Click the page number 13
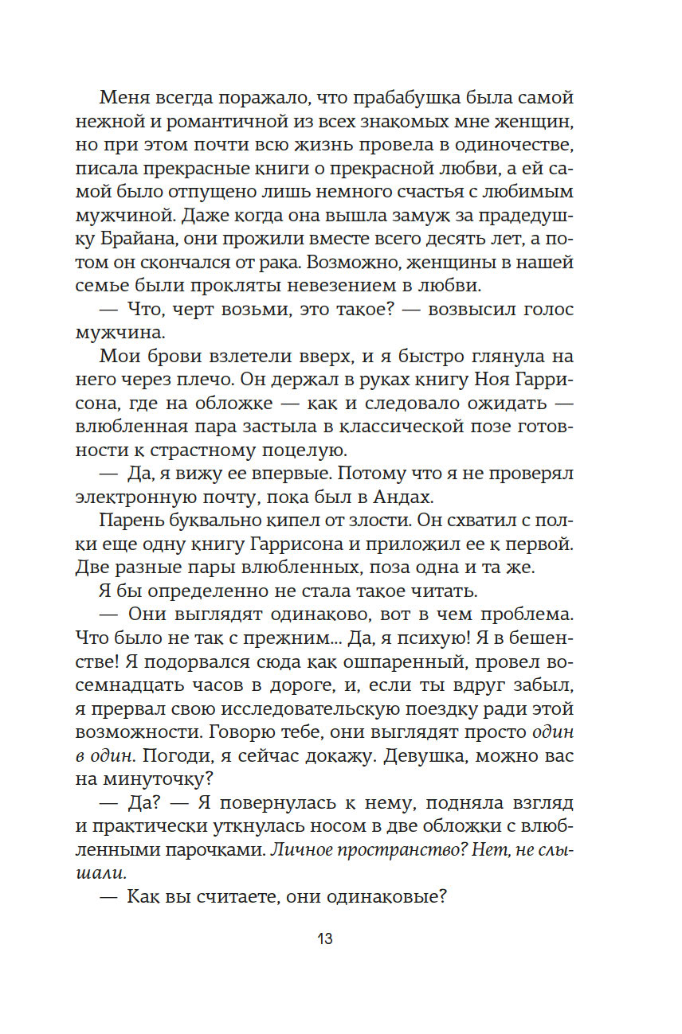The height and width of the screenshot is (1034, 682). coord(324,938)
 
